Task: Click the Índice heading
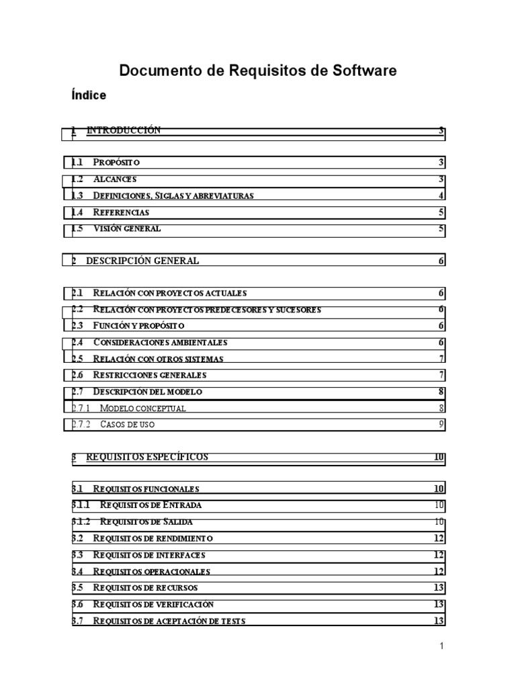(89, 95)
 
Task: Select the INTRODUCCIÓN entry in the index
(123, 130)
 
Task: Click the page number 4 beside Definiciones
(441, 196)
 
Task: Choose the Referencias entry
(121, 212)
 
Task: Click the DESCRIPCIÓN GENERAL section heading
(142, 261)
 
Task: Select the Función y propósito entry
(138, 325)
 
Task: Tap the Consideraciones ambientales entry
(160, 342)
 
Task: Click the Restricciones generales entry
(149, 374)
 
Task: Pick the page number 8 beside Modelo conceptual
(441, 407)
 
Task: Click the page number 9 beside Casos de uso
(441, 424)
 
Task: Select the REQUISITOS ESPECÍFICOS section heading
(147, 457)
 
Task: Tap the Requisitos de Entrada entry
(150, 505)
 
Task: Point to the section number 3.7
(77, 621)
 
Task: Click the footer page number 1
(442, 646)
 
